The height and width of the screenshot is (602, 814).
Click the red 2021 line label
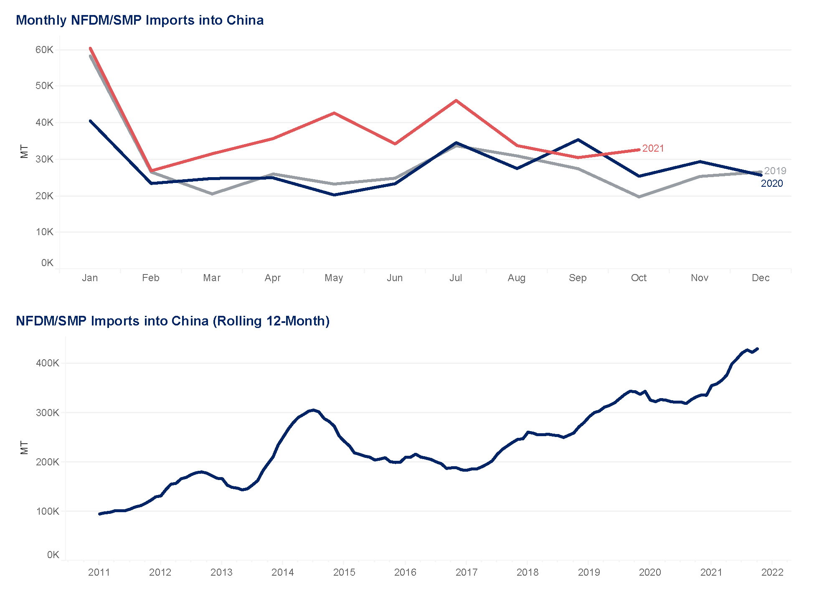point(653,148)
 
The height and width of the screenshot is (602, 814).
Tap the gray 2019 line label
point(775,171)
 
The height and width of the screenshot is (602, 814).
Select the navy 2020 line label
point(771,183)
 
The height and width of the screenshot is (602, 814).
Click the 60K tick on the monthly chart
point(45,50)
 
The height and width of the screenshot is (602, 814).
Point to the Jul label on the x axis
point(456,278)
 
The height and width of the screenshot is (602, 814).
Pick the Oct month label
point(639,278)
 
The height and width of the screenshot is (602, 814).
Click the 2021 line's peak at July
point(456,100)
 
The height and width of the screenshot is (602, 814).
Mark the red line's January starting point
point(90,48)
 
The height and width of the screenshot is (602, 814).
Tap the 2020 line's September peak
point(578,140)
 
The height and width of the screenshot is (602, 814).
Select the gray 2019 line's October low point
point(639,197)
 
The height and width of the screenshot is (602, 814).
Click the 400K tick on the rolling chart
point(48,363)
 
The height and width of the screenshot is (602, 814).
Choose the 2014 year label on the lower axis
point(283,572)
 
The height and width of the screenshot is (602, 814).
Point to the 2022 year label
point(772,572)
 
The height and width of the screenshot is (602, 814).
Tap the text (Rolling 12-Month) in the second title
point(271,321)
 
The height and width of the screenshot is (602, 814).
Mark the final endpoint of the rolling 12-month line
point(758,348)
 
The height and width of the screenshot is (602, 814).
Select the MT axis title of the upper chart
point(24,152)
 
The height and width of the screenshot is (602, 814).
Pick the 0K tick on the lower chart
point(53,555)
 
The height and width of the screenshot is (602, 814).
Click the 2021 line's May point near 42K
point(334,113)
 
